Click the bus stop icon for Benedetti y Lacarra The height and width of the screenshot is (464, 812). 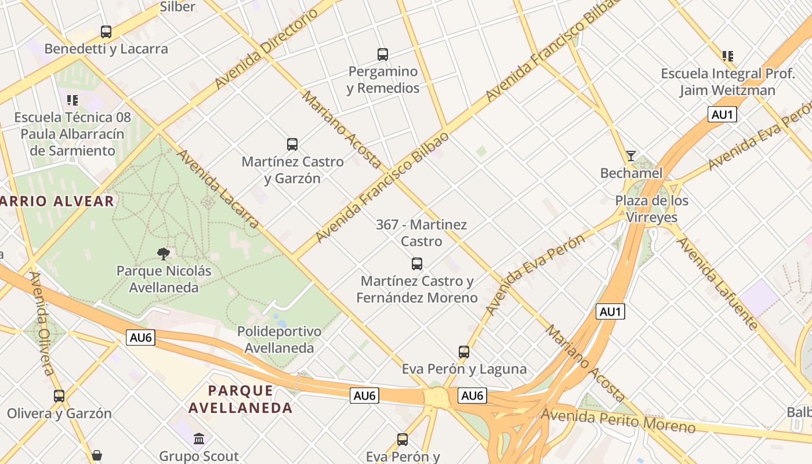click(x=106, y=32)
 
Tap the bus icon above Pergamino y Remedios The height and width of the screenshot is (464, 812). click(x=383, y=55)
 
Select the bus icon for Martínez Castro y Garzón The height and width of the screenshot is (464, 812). click(x=292, y=144)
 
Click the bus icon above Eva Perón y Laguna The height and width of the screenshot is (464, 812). click(x=464, y=351)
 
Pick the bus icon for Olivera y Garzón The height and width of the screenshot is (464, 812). click(x=59, y=396)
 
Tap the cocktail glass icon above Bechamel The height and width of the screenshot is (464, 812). click(x=631, y=156)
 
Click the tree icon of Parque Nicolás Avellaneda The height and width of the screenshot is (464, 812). click(x=164, y=253)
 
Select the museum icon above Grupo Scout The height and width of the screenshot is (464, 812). click(x=199, y=438)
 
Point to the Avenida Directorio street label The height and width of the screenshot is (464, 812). click(x=267, y=49)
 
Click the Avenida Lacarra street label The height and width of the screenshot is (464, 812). click(x=217, y=188)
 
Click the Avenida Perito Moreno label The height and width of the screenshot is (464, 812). click(x=618, y=421)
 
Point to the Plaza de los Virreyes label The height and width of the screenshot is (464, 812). click(x=652, y=209)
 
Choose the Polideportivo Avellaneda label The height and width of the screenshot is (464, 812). click(x=279, y=340)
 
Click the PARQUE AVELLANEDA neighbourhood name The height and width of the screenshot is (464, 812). click(x=241, y=398)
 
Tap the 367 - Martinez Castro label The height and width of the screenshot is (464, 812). click(x=422, y=233)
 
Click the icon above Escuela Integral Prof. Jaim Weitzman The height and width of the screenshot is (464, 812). click(x=728, y=56)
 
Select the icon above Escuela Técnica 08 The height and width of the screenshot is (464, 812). click(x=72, y=100)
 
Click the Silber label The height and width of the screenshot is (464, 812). click(x=177, y=7)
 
